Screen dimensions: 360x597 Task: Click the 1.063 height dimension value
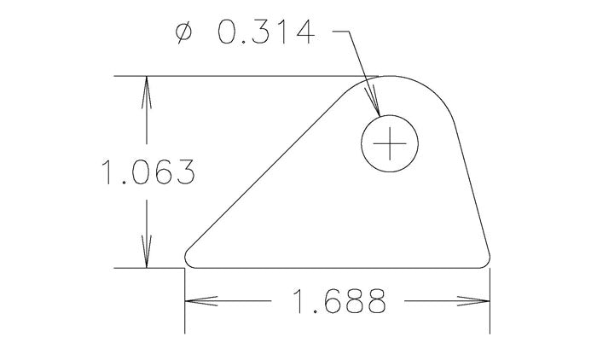148,174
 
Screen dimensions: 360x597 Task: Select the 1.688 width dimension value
339,301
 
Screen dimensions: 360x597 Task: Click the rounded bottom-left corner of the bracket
188,260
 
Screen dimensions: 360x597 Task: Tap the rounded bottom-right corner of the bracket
486,259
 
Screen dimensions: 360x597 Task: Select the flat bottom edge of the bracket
341,268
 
